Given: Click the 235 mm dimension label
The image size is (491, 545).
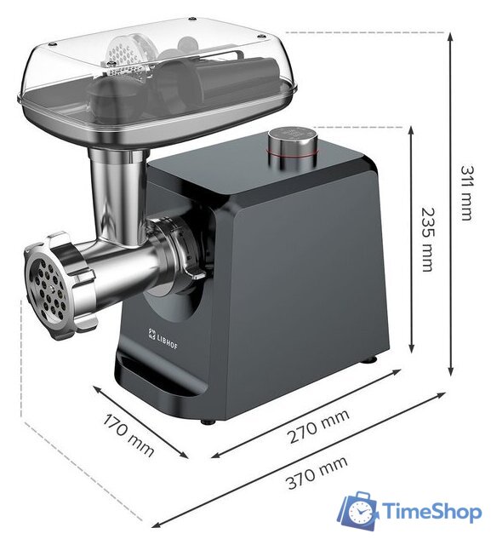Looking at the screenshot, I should [x=427, y=239].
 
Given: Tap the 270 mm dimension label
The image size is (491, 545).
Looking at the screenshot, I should [x=317, y=427].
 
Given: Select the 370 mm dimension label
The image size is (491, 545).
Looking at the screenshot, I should [x=317, y=473].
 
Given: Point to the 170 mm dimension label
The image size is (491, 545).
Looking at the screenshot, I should [x=128, y=433].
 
